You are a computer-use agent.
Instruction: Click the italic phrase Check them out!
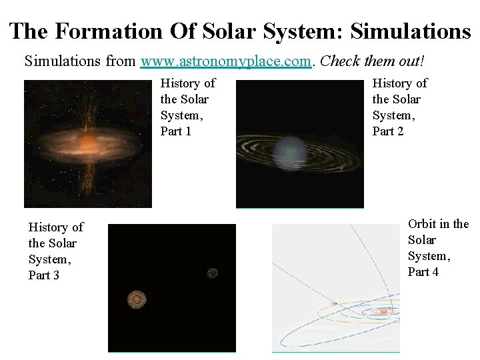click(372, 61)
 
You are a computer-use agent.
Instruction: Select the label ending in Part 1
click(187, 107)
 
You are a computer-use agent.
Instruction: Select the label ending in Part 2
click(399, 107)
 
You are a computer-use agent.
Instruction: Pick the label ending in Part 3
click(55, 251)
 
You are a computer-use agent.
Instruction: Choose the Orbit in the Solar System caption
click(438, 247)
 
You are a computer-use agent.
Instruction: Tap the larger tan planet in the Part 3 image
click(138, 299)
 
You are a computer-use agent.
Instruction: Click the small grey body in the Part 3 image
click(212, 272)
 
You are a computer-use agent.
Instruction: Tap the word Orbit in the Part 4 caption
click(422, 223)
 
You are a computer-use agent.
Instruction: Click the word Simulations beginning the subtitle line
click(61, 61)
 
